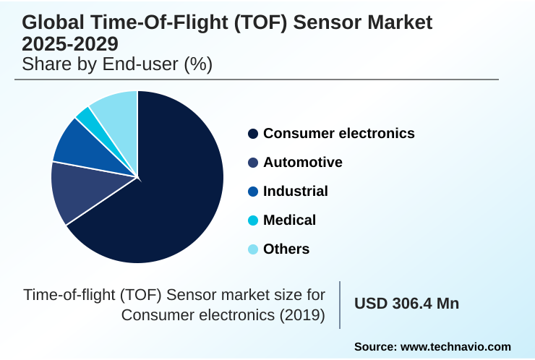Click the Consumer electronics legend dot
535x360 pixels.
[x=253, y=134]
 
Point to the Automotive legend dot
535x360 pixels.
[x=253, y=163]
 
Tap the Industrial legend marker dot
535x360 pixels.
[x=253, y=192]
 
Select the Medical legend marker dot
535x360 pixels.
[x=253, y=220]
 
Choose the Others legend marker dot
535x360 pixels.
[x=253, y=249]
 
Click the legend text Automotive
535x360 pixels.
[x=302, y=163]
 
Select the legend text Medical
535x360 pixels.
[x=289, y=220]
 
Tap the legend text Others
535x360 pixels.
[x=286, y=249]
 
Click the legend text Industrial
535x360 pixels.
[x=295, y=192]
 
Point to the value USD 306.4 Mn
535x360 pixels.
[x=406, y=304]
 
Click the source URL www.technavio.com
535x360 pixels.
[x=455, y=347]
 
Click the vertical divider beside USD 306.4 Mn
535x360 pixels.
[x=340, y=304]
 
